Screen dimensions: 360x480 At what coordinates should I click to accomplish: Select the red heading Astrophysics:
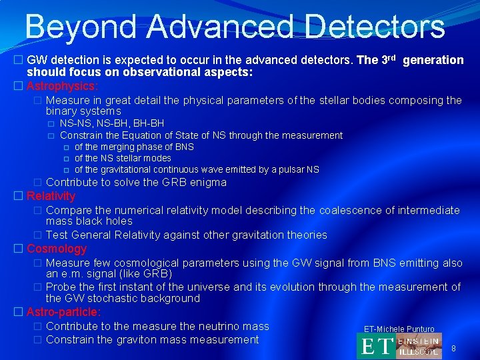[x=62, y=86]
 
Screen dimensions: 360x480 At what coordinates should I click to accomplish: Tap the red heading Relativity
[x=51, y=196]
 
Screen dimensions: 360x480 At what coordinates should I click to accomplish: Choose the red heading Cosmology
[x=57, y=249]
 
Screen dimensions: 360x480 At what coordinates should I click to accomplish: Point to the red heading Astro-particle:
[x=64, y=312]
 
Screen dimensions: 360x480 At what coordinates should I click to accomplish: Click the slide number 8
[x=453, y=349]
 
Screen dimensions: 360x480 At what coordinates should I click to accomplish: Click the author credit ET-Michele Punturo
[x=399, y=329]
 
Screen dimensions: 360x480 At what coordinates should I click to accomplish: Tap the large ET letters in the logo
[x=376, y=347]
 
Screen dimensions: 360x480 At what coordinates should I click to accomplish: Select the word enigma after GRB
[x=208, y=182]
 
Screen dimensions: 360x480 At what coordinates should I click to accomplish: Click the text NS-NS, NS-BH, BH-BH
[x=112, y=123]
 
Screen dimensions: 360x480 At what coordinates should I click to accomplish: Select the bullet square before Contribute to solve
[x=38, y=182]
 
